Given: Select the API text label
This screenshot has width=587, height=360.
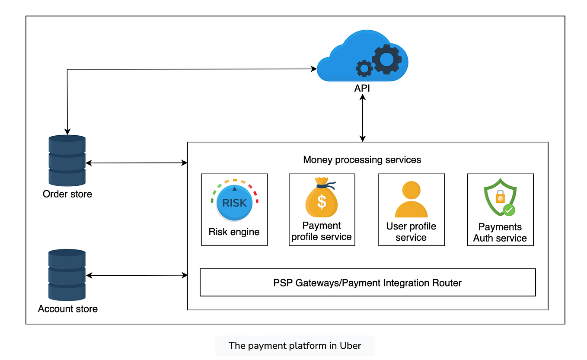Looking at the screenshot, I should tap(362, 89).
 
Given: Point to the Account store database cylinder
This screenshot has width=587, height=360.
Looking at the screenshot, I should tap(67, 275).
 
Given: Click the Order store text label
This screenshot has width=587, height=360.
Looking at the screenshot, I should tap(67, 194).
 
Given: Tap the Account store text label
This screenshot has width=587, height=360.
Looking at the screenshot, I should tap(68, 309).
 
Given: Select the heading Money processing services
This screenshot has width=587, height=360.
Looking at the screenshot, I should tap(362, 160).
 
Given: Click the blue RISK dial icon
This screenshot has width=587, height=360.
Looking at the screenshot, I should tap(234, 202).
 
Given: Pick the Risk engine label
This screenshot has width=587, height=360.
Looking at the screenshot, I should tap(234, 232).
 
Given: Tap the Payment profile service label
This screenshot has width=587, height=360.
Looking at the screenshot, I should tap(322, 231).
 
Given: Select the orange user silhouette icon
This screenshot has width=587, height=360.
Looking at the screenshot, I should tap(411, 199).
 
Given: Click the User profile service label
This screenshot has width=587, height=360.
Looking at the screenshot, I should tap(411, 232).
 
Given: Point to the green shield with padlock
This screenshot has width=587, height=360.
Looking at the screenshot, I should tap(499, 198).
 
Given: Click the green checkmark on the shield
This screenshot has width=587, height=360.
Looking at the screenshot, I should tap(509, 210).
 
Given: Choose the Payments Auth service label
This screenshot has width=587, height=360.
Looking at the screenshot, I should tap(500, 233).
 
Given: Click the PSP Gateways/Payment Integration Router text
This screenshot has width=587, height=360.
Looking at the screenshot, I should tap(367, 283).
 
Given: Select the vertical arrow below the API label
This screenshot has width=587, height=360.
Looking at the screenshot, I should tap(363, 118).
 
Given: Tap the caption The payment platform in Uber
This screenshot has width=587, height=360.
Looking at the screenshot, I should tap(295, 346).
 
